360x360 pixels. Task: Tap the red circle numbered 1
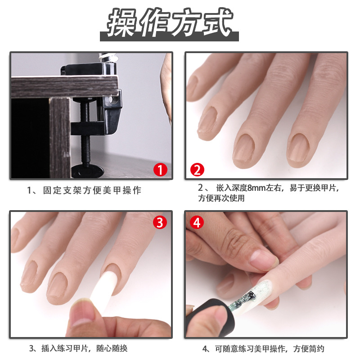click(x=161, y=170)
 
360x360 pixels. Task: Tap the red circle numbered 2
click(x=197, y=170)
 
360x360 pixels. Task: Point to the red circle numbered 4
click(x=197, y=222)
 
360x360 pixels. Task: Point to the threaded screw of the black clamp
click(x=85, y=135)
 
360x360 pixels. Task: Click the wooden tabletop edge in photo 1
click(x=63, y=85)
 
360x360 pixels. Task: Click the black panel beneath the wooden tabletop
click(x=29, y=135)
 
